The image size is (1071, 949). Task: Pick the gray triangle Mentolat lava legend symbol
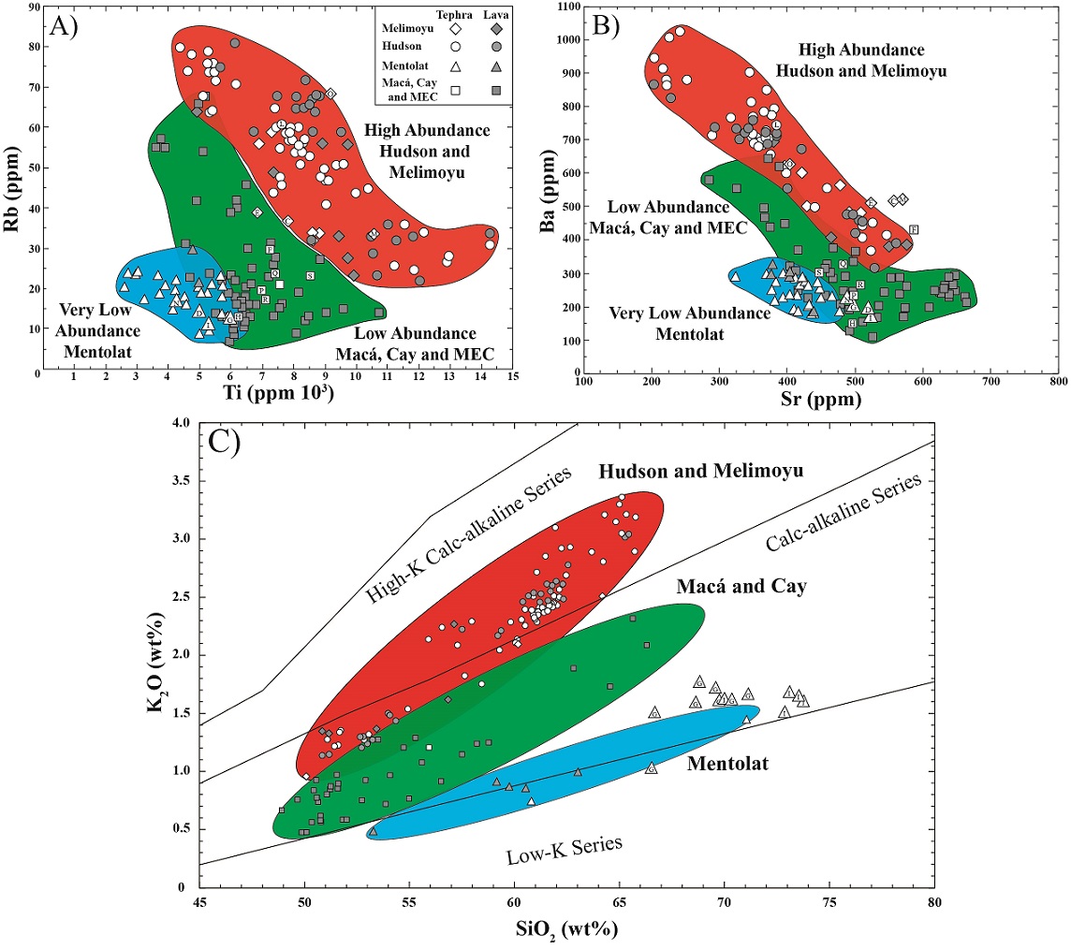pos(497,66)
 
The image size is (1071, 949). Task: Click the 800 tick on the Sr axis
pos(1058,382)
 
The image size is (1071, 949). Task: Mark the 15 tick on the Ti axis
pos(513,376)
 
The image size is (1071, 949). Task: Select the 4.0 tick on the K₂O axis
pos(178,424)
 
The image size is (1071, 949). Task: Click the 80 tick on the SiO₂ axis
pos(933,903)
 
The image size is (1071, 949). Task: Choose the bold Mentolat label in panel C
pos(726,764)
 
